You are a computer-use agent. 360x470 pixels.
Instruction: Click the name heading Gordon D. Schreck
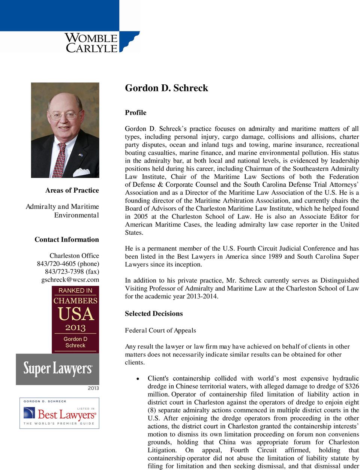[x=166, y=88]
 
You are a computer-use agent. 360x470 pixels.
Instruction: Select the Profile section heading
[x=135, y=113]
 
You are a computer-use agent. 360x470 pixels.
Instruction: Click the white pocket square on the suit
[x=81, y=172]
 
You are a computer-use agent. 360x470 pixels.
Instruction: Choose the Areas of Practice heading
[x=72, y=190]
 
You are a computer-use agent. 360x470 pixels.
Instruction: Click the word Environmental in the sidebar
[x=76, y=215]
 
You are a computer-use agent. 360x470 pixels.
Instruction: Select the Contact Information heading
[x=67, y=239]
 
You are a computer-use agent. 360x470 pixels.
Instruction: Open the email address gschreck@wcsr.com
[x=70, y=280]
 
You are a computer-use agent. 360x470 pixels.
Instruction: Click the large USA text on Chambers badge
[x=75, y=314]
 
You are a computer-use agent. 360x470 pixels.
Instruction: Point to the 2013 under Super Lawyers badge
[x=93, y=388]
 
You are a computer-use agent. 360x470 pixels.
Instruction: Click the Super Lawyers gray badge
[x=57, y=369]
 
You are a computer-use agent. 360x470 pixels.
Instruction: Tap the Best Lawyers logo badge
[x=59, y=413]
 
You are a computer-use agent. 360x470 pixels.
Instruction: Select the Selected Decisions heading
[x=154, y=314]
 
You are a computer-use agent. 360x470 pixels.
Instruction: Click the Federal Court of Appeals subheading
[x=160, y=331]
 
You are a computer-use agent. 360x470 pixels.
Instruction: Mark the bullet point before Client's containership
[x=139, y=379]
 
